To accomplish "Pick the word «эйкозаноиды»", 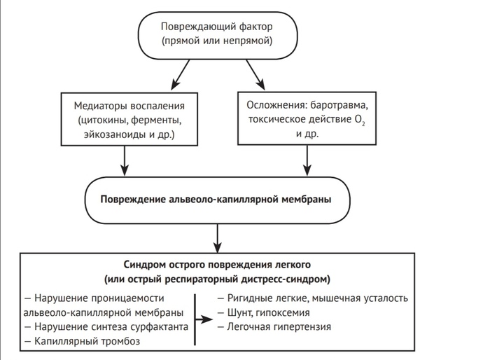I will pos(108,133).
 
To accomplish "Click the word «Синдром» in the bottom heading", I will pos(146,265).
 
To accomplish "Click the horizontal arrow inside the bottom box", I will pos(203,319).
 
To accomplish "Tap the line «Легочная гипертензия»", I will pos(274,326).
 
